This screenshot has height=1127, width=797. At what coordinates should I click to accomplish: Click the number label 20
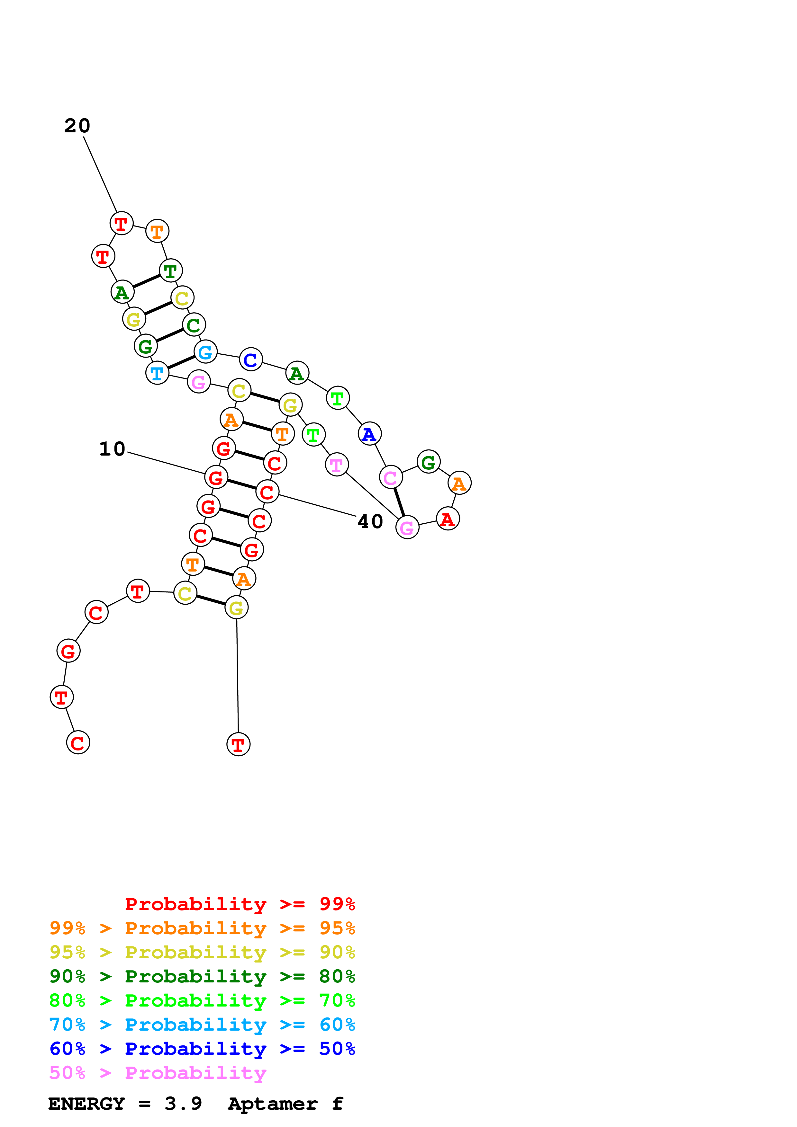tap(77, 126)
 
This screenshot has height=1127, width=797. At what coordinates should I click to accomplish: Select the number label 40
tap(370, 522)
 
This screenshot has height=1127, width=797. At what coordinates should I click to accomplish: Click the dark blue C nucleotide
tap(250, 360)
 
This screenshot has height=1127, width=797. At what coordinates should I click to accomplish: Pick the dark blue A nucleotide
tap(369, 434)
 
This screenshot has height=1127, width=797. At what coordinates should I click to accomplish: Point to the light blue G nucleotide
tap(205, 352)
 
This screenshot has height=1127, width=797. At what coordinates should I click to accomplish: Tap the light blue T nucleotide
tap(157, 374)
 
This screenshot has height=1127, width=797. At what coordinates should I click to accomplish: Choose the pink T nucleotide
tap(336, 465)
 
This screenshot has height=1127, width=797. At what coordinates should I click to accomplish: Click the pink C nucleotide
tap(390, 477)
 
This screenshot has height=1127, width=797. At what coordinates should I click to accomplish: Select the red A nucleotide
tap(447, 519)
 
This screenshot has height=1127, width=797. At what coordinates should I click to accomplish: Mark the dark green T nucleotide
tap(170, 271)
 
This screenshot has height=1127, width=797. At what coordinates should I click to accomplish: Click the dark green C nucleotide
tap(194, 325)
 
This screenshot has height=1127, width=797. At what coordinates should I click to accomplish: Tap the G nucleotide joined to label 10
tap(216, 477)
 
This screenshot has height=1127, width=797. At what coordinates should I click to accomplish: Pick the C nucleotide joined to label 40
tap(267, 492)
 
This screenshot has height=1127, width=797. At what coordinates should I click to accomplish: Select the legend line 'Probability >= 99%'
tap(240, 904)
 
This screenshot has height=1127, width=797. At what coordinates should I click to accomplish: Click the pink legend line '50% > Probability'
tap(158, 1072)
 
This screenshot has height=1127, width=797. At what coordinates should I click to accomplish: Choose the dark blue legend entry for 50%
tap(202, 1049)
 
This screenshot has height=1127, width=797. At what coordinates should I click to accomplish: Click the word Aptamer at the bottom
tap(273, 1104)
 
